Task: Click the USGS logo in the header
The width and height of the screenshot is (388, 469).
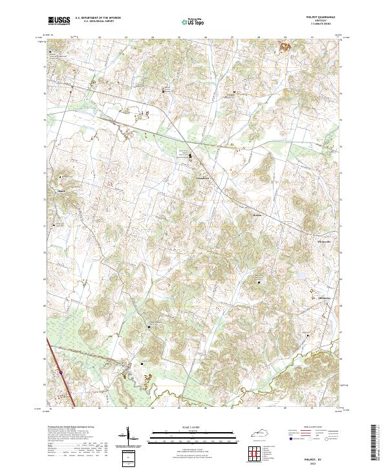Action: click(x=59, y=21)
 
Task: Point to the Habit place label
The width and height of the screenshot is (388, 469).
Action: click(x=62, y=191)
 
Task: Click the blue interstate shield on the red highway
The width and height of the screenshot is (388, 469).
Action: click(x=61, y=373)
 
